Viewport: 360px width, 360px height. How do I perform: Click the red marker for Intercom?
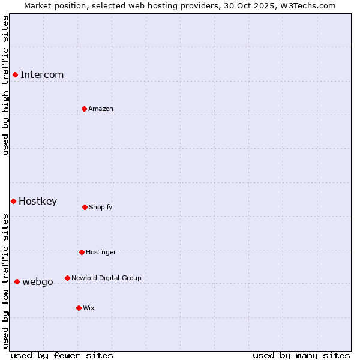point(15,74)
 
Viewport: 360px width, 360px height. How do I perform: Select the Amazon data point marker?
point(84,109)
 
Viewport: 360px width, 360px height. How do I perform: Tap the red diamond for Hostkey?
point(13,201)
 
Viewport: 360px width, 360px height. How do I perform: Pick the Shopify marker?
point(85,207)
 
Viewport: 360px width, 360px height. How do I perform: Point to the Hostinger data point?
point(82,252)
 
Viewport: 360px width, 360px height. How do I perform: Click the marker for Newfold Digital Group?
point(67,278)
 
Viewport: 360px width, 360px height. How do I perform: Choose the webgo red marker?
point(17,281)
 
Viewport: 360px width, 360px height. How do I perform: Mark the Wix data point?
point(79,308)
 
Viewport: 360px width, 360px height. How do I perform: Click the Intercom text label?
point(42,75)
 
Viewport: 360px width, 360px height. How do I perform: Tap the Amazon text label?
point(101,109)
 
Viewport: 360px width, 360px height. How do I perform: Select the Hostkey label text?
point(38,202)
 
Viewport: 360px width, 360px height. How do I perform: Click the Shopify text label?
point(101,208)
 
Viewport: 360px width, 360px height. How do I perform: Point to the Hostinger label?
point(101,253)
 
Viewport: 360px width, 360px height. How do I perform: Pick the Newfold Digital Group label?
point(106,278)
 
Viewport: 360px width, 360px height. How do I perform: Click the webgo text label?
point(38,282)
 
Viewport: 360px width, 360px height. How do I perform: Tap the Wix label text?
point(89,308)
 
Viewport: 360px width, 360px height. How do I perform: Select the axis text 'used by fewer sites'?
point(62,355)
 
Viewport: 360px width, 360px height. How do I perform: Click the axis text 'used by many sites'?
point(301,355)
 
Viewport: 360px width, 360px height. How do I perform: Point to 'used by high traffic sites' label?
point(5,86)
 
